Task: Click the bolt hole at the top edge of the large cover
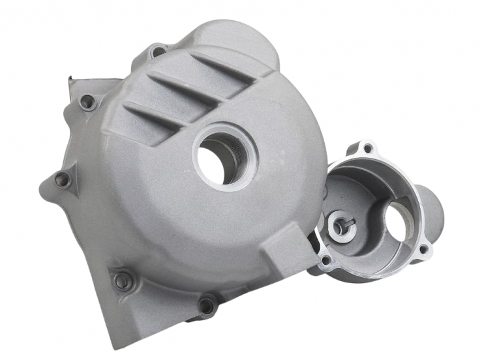pos(157,51)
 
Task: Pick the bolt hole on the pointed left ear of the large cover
pos(62,179)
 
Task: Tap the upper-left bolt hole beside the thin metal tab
pos(86,102)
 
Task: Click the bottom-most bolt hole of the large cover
pos(207,305)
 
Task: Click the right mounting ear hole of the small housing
pos(423,248)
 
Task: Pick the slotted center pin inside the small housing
pos(344,224)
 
